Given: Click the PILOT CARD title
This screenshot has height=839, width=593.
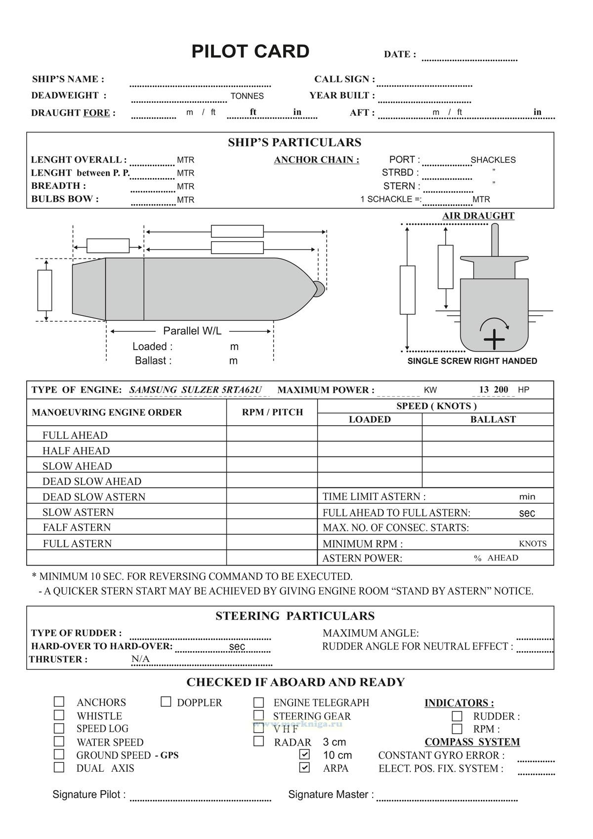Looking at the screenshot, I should (x=250, y=52).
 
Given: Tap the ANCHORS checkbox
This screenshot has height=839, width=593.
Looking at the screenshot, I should (x=59, y=702).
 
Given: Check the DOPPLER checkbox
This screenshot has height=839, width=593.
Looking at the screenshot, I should (x=166, y=702).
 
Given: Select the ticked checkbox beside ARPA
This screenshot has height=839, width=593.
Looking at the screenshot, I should (x=305, y=768).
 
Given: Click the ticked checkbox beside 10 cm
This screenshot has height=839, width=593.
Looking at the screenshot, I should (x=305, y=754).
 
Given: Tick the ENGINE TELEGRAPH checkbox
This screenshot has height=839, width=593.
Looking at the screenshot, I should (x=258, y=702).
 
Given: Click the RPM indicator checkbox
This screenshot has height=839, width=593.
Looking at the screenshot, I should (x=457, y=729).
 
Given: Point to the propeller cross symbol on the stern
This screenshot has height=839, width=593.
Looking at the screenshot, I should (x=494, y=340).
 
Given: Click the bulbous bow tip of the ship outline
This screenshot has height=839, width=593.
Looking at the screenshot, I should (x=320, y=287).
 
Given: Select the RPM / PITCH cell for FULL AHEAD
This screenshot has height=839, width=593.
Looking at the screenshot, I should (x=272, y=434).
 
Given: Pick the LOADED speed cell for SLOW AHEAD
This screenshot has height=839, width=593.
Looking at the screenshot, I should (x=370, y=465).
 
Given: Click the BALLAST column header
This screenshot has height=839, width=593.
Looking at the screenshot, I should (x=493, y=419).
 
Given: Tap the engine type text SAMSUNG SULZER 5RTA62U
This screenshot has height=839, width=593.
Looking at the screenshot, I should (x=196, y=390).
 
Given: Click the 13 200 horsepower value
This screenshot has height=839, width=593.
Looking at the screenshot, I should (x=493, y=390).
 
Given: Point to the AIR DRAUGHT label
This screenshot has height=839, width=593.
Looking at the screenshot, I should (x=478, y=216).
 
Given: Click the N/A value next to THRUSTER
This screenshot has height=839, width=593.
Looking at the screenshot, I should (x=140, y=659).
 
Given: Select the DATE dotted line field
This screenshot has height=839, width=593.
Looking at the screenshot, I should (x=469, y=58).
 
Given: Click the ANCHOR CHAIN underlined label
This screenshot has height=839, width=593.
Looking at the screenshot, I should (x=316, y=160).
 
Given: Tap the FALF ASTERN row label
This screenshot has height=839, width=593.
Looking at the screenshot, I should (x=77, y=528).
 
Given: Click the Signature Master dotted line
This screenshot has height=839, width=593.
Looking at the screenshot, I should (x=447, y=797).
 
